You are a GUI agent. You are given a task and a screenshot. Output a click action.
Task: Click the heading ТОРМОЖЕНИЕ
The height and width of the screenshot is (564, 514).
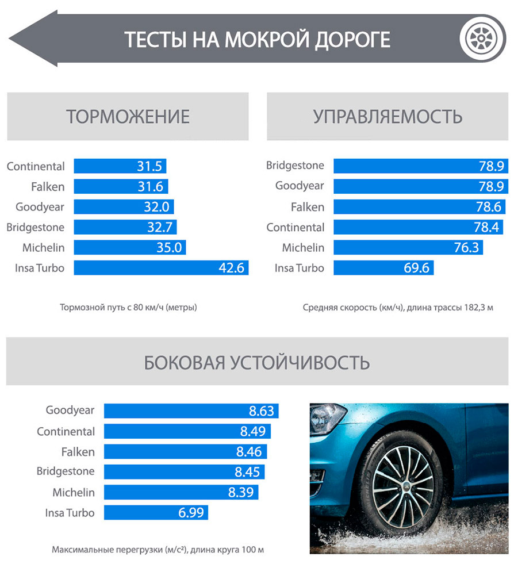(128, 117)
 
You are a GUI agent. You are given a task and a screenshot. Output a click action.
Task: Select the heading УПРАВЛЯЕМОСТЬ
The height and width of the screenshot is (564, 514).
(388, 117)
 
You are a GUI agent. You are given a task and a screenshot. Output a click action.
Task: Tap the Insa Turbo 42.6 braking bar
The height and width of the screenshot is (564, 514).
(161, 268)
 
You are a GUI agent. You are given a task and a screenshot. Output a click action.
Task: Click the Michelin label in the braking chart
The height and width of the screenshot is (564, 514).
(44, 248)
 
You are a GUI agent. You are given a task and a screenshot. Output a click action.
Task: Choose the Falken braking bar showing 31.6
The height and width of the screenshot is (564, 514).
(121, 187)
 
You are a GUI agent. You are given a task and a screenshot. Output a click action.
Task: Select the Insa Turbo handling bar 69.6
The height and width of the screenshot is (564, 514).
(383, 268)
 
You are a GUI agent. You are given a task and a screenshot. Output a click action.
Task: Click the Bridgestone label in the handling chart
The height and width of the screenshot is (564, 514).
(295, 166)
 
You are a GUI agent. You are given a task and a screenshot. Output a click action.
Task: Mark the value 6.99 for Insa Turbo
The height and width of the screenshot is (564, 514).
(189, 512)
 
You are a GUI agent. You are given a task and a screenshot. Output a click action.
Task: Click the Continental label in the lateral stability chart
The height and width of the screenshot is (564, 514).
(66, 431)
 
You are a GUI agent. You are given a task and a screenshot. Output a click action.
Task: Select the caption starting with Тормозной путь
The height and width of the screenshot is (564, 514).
(128, 307)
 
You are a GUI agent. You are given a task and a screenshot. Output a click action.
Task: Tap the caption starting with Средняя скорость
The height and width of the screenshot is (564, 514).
(398, 307)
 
